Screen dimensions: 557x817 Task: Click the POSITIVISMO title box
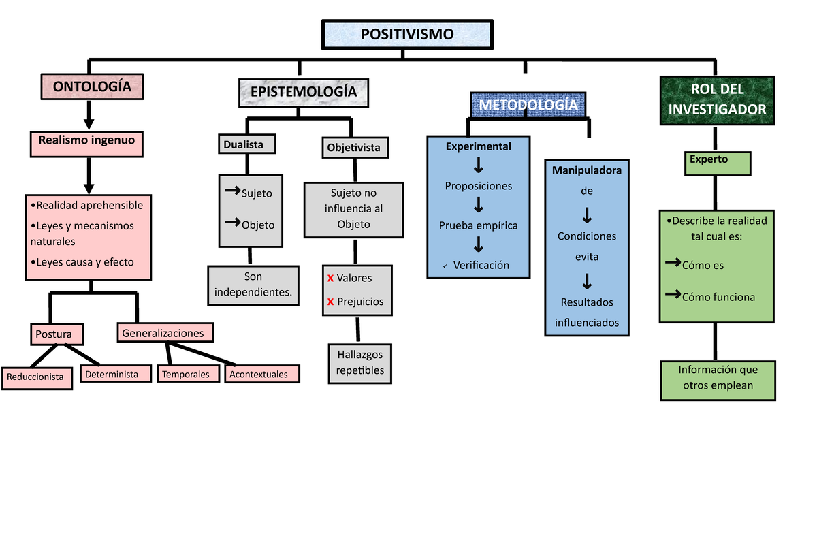pyautogui.click(x=406, y=35)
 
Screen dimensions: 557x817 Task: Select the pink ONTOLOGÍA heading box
pyautogui.click(x=92, y=86)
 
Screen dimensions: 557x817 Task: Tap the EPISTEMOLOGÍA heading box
pyautogui.click(x=303, y=93)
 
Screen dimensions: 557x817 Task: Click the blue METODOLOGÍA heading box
pyautogui.click(x=528, y=106)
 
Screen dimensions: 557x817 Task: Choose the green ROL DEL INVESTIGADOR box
pyautogui.click(x=717, y=99)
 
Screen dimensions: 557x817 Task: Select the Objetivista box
pyautogui.click(x=353, y=147)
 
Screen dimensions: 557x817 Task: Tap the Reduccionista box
pyautogui.click(x=36, y=377)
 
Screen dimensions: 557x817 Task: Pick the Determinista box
pyautogui.click(x=115, y=374)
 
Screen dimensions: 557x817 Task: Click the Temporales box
pyautogui.click(x=189, y=374)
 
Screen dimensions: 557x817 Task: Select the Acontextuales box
pyautogui.click(x=261, y=374)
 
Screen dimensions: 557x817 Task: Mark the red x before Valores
pyautogui.click(x=330, y=278)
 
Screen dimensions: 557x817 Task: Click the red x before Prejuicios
pyautogui.click(x=330, y=302)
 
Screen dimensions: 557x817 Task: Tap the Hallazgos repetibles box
pyautogui.click(x=359, y=363)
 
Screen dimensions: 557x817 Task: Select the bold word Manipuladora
pyautogui.click(x=587, y=170)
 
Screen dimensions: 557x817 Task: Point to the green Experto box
pyautogui.click(x=717, y=163)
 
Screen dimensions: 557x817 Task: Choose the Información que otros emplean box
pyautogui.click(x=718, y=380)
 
